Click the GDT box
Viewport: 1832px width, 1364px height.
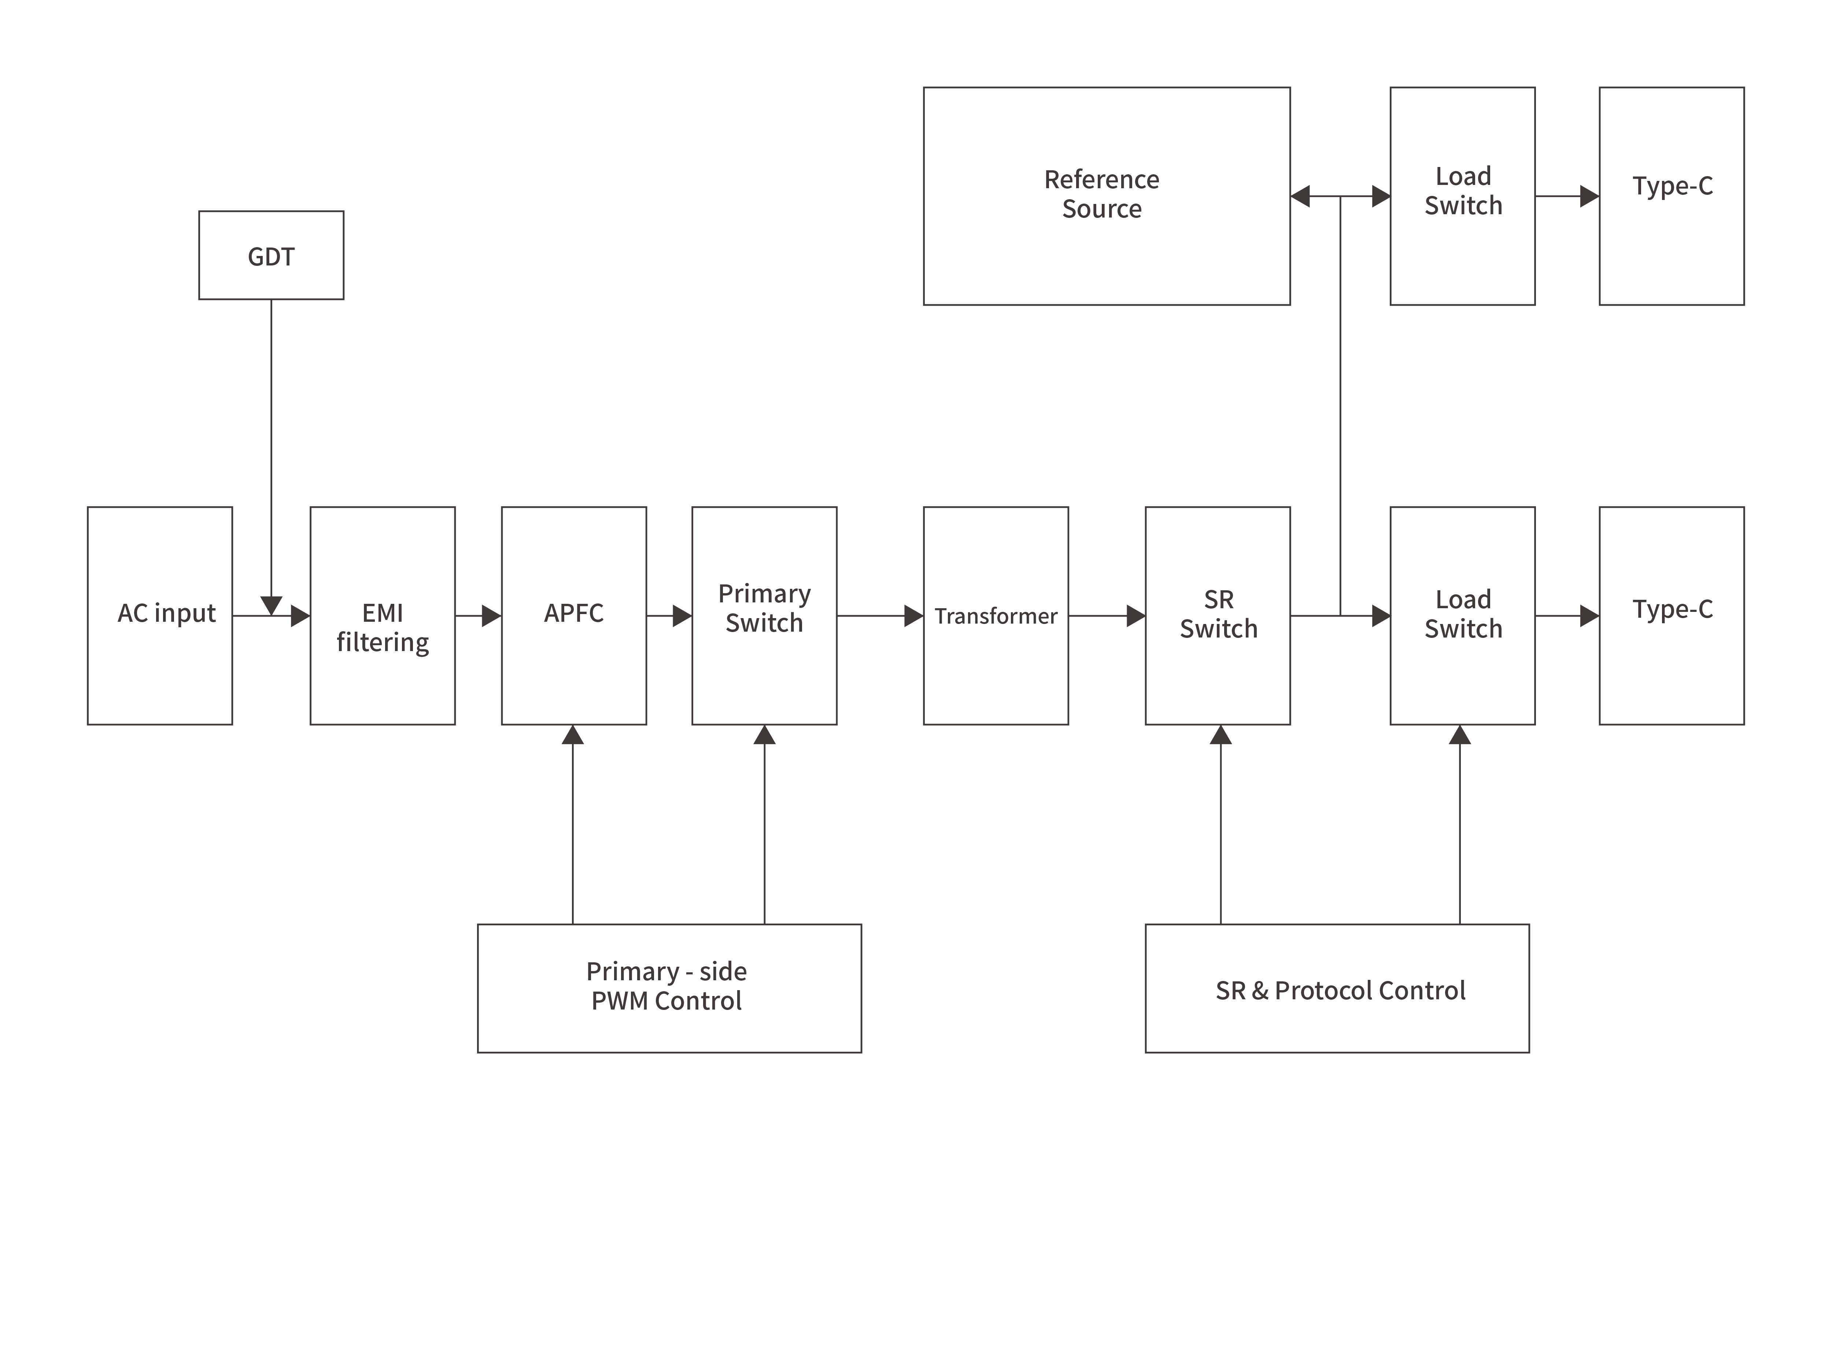point(271,255)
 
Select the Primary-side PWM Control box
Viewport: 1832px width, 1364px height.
point(669,988)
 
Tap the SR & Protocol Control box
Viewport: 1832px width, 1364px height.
point(1336,988)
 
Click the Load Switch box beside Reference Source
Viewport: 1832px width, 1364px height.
point(1462,196)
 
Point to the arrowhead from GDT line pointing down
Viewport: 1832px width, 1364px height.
point(271,605)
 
